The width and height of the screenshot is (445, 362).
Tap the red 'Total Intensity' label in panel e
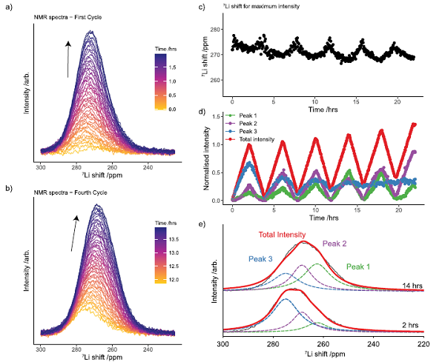[282, 235]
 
